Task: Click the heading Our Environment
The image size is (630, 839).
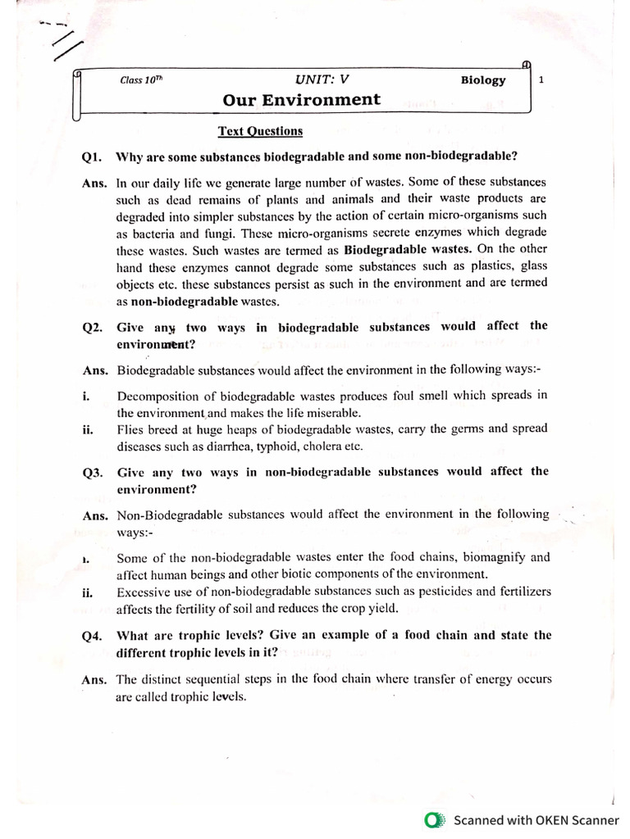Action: coord(301,100)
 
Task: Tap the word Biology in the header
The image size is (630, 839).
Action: coord(483,80)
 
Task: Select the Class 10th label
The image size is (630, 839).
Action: coord(141,80)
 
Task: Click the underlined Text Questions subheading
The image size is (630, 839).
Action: coord(259,131)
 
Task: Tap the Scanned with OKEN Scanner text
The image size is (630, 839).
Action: coord(536,819)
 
